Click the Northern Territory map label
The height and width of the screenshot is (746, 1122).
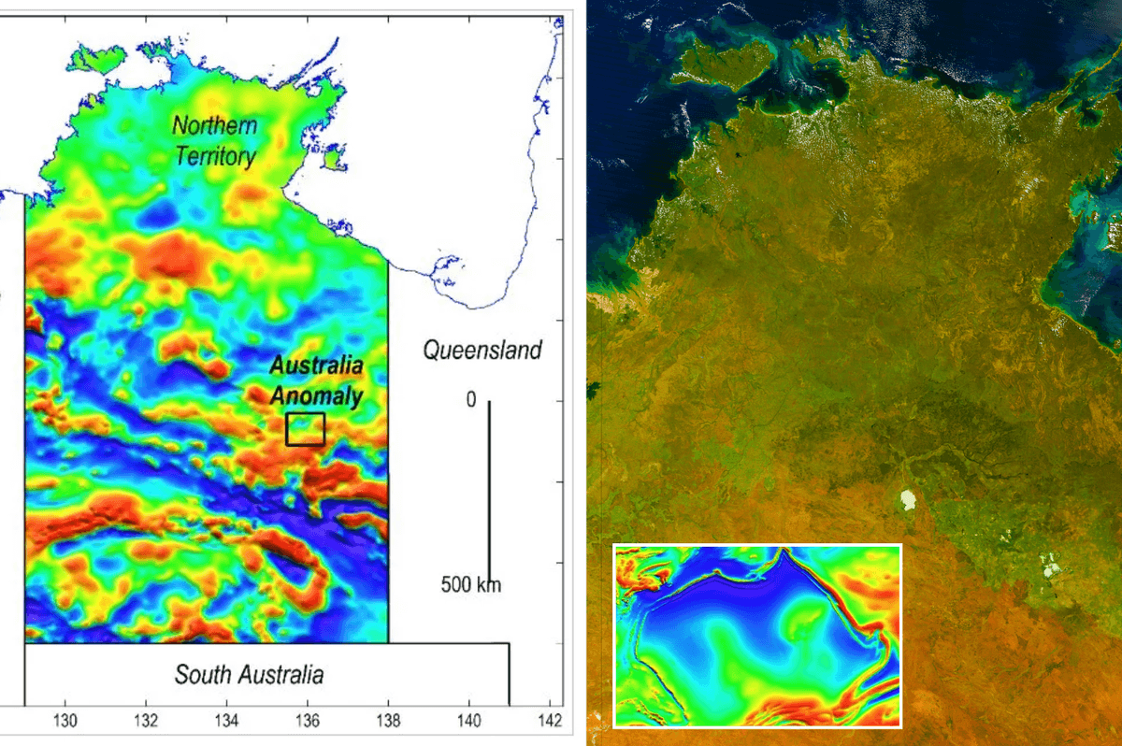pyautogui.click(x=215, y=140)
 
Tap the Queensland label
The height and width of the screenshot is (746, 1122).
pyautogui.click(x=482, y=351)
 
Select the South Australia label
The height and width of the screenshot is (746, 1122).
pyautogui.click(x=249, y=674)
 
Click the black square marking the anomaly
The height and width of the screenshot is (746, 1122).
pyautogui.click(x=305, y=429)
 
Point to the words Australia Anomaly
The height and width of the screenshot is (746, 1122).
pyautogui.click(x=317, y=380)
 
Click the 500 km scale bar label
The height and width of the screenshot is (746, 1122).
pyautogui.click(x=471, y=586)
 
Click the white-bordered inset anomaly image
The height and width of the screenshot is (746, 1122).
pyautogui.click(x=756, y=635)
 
